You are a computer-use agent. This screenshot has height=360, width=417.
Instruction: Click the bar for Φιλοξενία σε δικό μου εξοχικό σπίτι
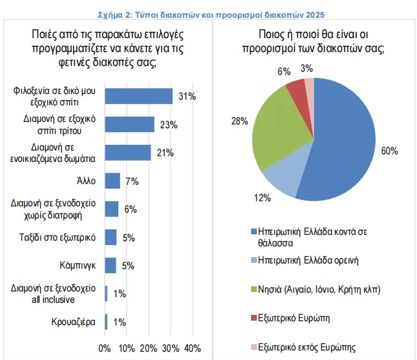139,96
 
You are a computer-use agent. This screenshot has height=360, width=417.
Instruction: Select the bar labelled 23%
130,124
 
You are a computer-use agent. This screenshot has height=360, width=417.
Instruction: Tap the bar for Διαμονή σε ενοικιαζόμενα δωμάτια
128,152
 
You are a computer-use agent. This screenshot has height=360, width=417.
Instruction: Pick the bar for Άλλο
113,181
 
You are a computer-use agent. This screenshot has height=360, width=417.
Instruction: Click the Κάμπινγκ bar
111,265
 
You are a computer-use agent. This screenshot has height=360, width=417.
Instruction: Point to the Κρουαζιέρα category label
74,322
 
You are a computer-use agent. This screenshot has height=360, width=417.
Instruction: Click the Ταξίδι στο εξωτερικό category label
55,237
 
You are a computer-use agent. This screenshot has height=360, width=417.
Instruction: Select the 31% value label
187,97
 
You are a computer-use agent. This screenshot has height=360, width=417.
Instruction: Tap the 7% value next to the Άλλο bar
132,181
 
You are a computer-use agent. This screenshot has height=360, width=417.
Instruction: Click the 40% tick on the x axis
192,348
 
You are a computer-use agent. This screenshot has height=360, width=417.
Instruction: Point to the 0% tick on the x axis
105,348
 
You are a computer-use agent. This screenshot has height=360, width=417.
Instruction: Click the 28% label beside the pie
239,121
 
